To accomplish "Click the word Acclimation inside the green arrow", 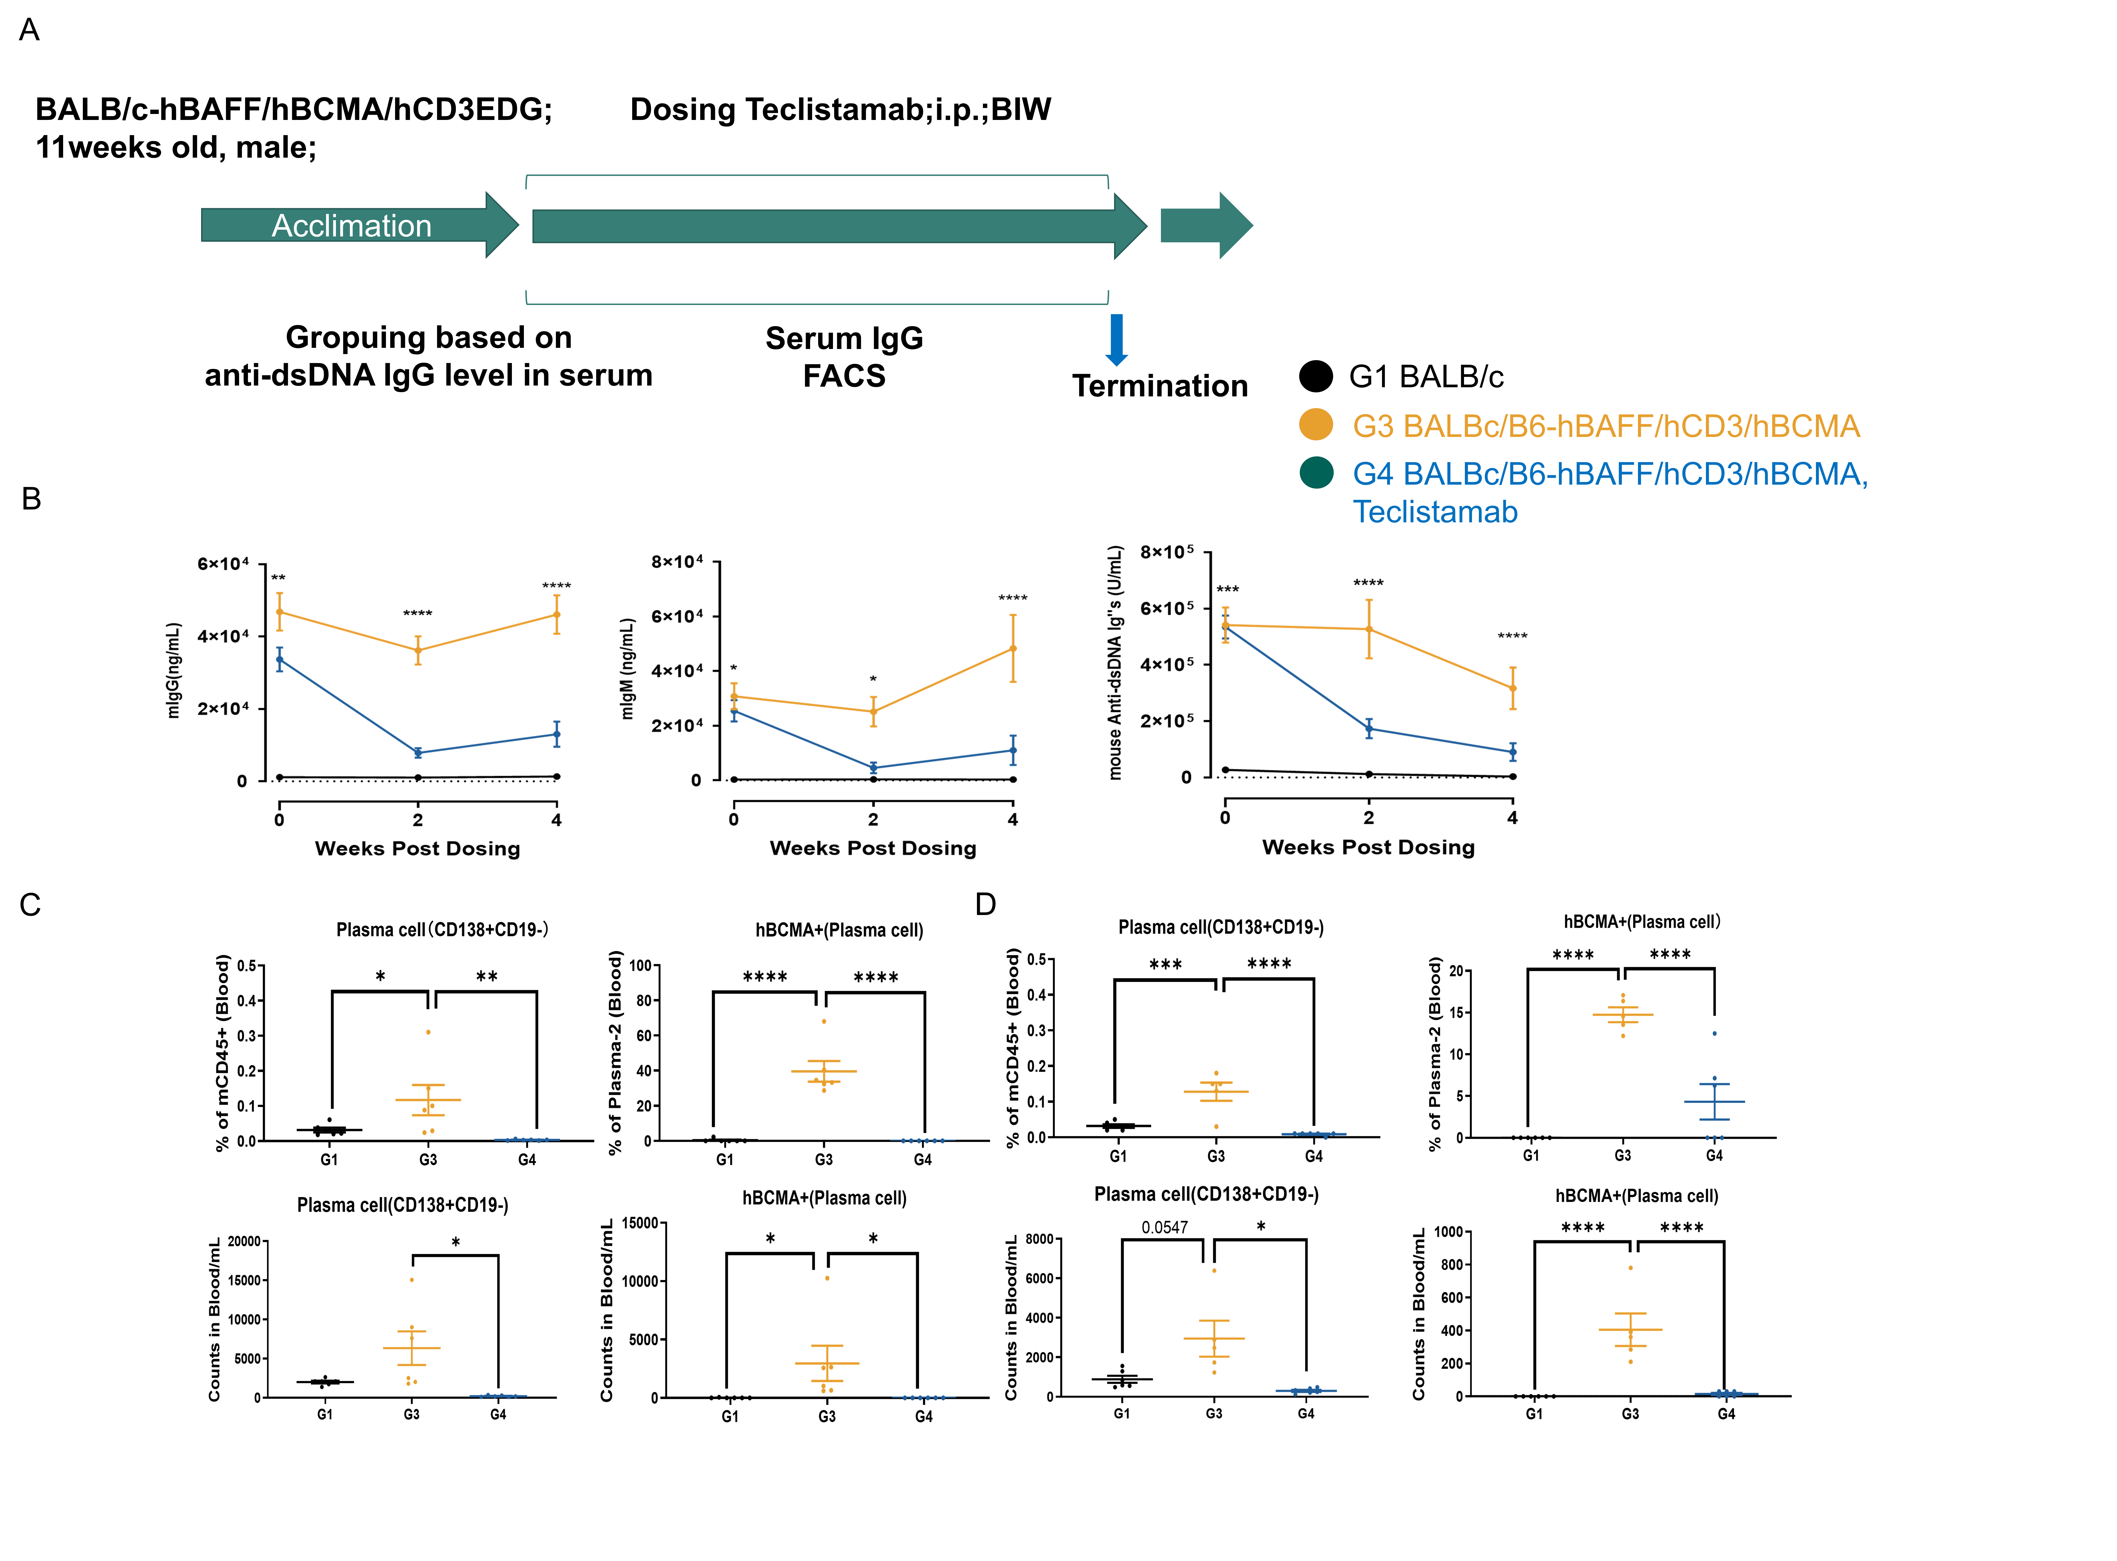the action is [352, 226].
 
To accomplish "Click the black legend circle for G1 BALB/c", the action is [1315, 376].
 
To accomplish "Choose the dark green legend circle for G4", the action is [1315, 472].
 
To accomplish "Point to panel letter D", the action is [986, 904].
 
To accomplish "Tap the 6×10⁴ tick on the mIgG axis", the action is [223, 564].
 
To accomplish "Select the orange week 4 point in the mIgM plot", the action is [1013, 648].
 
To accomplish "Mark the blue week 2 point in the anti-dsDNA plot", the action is [1369, 729].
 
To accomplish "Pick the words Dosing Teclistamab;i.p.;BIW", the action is [840, 110].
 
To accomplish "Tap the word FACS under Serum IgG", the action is [844, 376].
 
